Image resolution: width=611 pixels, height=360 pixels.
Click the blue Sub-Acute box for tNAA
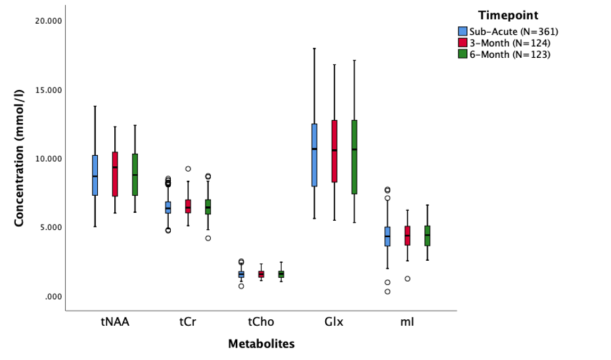coord(95,175)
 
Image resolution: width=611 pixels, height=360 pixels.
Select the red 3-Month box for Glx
coord(334,151)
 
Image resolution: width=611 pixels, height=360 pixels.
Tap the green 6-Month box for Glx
coord(354,157)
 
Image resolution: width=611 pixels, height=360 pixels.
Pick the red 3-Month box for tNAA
coord(115,174)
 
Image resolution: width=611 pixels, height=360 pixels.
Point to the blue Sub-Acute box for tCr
coord(168,208)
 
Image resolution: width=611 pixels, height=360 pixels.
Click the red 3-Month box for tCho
coord(261,274)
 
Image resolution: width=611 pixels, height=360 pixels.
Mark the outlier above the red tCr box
coord(188,169)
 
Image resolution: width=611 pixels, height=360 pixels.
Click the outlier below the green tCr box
coord(208,238)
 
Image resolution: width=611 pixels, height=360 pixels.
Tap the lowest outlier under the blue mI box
coord(388,292)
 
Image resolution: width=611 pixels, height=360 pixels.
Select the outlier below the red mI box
coord(407,279)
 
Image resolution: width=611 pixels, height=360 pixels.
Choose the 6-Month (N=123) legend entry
coord(509,55)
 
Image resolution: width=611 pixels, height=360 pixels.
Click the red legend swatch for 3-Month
coord(463,43)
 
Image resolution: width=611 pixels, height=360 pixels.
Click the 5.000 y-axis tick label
coord(51,227)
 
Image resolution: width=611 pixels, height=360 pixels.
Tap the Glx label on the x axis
coord(334,322)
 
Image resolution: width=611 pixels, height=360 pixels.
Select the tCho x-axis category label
coord(261,322)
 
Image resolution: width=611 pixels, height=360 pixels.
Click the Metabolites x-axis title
coord(261,344)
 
